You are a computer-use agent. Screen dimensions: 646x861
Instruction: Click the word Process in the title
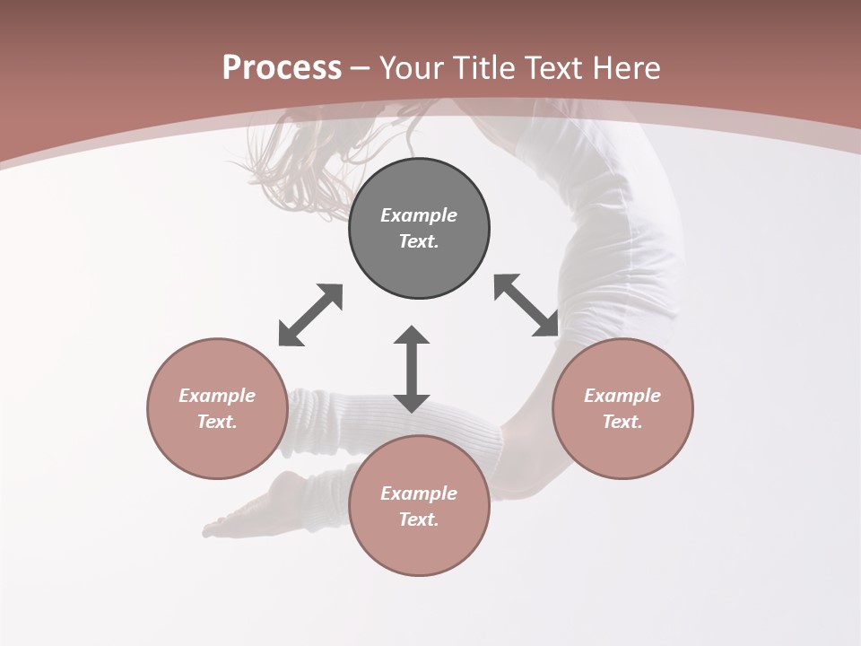(x=282, y=68)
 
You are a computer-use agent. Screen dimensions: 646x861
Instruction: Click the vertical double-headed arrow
(x=412, y=370)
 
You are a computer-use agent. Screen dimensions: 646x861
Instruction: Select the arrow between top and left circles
(x=310, y=315)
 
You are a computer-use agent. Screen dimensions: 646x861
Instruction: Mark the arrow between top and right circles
(x=526, y=305)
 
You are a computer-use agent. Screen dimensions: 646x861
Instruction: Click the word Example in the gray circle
(x=419, y=215)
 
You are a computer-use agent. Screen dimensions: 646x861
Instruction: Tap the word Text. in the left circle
(x=217, y=422)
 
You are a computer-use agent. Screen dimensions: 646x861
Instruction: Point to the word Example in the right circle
(x=622, y=396)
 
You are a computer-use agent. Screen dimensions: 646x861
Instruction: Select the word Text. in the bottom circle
(x=419, y=519)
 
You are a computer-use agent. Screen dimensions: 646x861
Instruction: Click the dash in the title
(x=361, y=69)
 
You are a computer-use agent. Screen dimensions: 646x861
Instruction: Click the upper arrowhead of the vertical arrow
(x=412, y=336)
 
